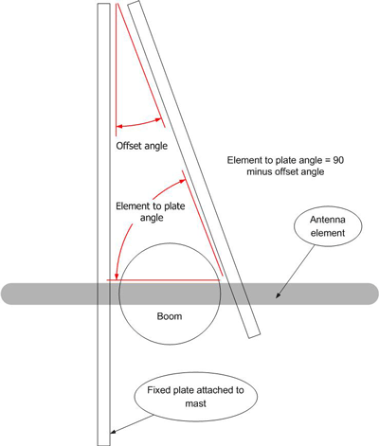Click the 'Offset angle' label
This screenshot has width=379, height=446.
click(x=142, y=146)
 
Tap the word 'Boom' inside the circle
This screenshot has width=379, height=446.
click(x=170, y=316)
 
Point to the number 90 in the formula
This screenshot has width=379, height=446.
click(x=338, y=160)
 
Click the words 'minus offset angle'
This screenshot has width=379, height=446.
click(x=285, y=171)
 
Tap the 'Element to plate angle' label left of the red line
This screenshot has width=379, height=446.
click(x=151, y=212)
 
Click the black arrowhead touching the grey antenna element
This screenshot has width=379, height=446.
click(x=279, y=294)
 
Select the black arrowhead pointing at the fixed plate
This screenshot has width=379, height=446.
click(x=113, y=432)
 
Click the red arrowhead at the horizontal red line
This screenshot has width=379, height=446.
click(x=117, y=277)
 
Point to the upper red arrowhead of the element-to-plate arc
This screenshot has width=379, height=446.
click(x=182, y=181)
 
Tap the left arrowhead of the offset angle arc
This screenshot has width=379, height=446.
click(x=119, y=127)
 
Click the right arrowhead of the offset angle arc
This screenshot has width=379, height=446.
click(x=158, y=119)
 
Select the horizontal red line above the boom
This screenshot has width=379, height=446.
click(x=163, y=280)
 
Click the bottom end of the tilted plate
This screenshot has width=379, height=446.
click(x=255, y=335)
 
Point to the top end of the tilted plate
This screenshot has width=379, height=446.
click(x=133, y=3)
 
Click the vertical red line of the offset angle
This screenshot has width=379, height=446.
click(x=117, y=70)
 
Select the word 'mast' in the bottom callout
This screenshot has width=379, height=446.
click(x=196, y=403)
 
